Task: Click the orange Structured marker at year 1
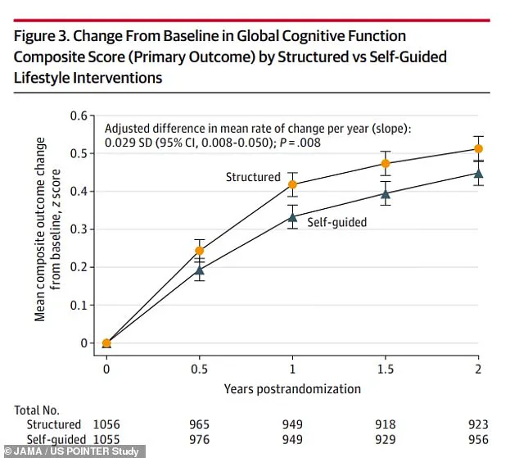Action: [x=292, y=184]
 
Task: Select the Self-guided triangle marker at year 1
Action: [x=292, y=217]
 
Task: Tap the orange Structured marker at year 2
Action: [x=479, y=148]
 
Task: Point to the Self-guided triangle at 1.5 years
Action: [x=386, y=193]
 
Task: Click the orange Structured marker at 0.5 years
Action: [x=200, y=251]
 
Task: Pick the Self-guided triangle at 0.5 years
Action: [x=200, y=270]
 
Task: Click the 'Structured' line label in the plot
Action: [x=253, y=177]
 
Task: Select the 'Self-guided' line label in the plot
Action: [x=336, y=221]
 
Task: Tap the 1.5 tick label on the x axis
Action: [x=386, y=370]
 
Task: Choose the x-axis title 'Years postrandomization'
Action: [x=292, y=389]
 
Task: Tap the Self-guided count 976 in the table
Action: [x=200, y=439]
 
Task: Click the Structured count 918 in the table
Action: [x=386, y=424]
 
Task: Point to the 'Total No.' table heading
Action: [x=38, y=409]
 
